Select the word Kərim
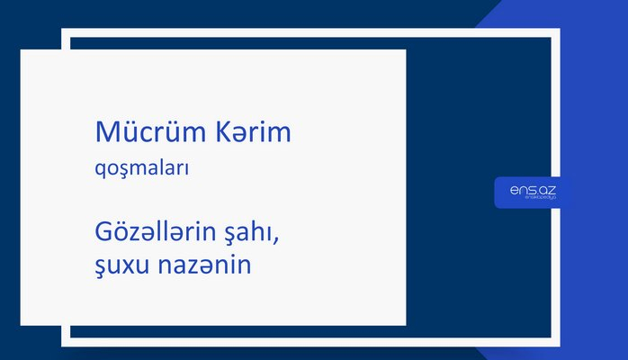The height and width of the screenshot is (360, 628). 253,133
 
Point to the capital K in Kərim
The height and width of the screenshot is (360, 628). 220,133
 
